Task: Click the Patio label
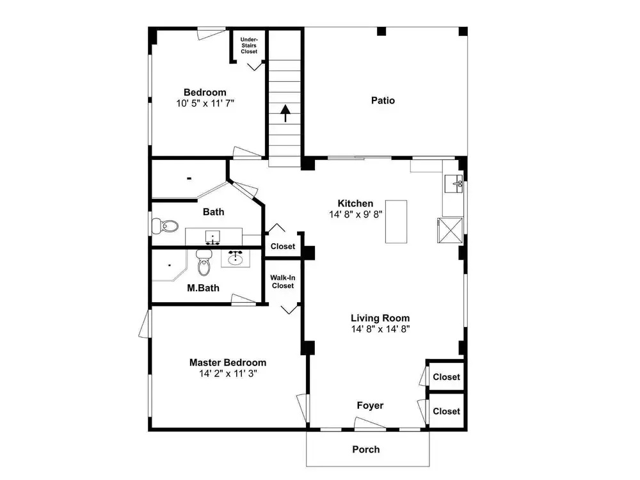click(x=383, y=100)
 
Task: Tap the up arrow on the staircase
click(x=285, y=113)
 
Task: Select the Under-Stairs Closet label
click(x=249, y=45)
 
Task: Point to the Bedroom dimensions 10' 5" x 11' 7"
click(x=205, y=103)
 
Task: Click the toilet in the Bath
click(x=165, y=226)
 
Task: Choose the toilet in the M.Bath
click(x=204, y=262)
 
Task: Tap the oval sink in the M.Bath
click(x=236, y=258)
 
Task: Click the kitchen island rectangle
click(x=396, y=221)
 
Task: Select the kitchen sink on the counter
click(x=454, y=184)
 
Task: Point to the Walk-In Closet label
click(x=283, y=282)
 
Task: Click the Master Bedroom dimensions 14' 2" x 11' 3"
click(x=228, y=374)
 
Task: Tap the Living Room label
click(x=380, y=318)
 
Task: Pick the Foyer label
click(x=370, y=405)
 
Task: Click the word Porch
click(x=365, y=449)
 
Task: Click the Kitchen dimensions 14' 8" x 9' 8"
click(x=355, y=214)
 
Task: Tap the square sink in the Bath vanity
click(x=212, y=237)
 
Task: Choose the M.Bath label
click(x=203, y=288)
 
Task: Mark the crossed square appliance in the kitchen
click(x=450, y=230)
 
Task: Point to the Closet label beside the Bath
click(x=282, y=246)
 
